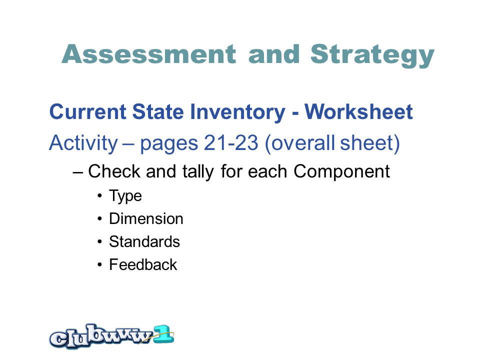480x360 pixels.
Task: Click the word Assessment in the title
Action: [149, 54]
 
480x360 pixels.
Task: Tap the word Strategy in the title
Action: [372, 55]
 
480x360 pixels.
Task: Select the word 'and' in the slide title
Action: [273, 54]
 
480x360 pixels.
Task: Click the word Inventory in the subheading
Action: [237, 112]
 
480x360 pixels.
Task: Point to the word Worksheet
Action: [358, 111]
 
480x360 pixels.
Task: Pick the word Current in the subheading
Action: [87, 111]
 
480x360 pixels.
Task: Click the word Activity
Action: [83, 143]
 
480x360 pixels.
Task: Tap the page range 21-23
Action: [231, 143]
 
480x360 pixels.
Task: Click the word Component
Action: [341, 171]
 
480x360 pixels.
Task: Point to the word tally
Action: [198, 171]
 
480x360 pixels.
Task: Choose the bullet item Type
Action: [125, 196]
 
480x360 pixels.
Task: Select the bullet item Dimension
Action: [146, 218]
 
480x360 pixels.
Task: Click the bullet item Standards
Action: [144, 241]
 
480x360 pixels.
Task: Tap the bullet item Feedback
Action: [143, 264]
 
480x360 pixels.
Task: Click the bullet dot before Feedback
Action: [99, 265]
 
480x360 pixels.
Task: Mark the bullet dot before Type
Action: [99, 196]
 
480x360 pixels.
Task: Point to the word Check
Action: [114, 171]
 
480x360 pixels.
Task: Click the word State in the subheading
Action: [158, 111]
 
